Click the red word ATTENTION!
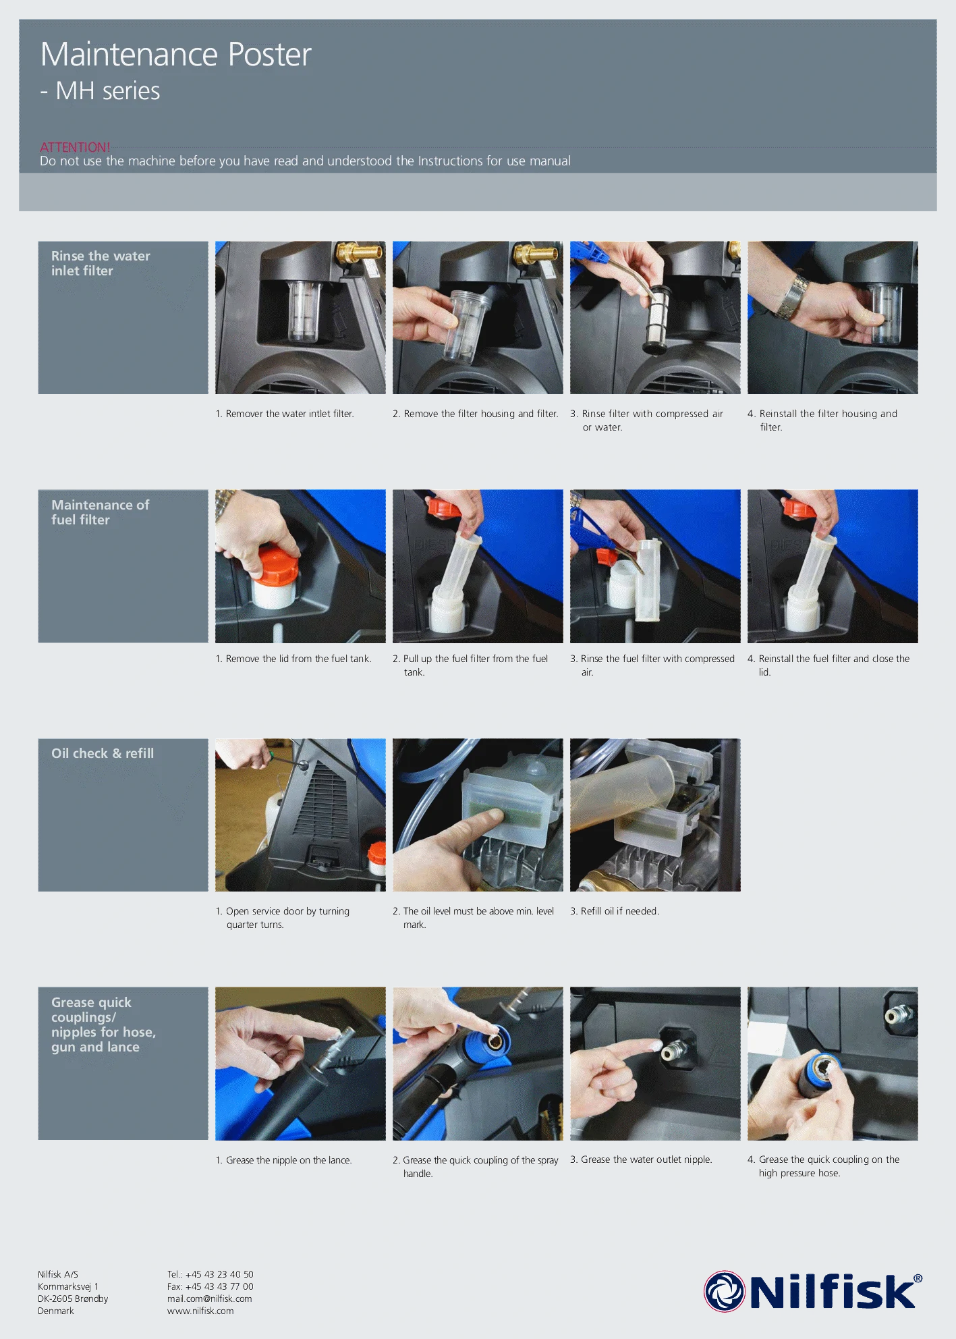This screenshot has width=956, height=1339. pyautogui.click(x=75, y=147)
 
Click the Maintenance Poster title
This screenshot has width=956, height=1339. pyautogui.click(x=175, y=54)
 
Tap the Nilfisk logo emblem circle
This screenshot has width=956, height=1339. pyautogui.click(x=724, y=1292)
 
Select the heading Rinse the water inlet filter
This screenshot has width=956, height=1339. pyautogui.click(x=101, y=263)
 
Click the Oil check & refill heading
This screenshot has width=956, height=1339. pyautogui.click(x=103, y=753)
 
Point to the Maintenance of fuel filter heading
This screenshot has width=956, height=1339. pyautogui.click(x=100, y=512)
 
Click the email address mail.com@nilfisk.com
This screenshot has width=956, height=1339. pyautogui.click(x=209, y=1299)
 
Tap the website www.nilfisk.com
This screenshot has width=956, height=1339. pyautogui.click(x=200, y=1311)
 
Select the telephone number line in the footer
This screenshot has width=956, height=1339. pyautogui.click(x=210, y=1274)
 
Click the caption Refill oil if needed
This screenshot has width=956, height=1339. pyautogui.click(x=615, y=911)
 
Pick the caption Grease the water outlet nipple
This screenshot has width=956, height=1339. pyautogui.click(x=641, y=1159)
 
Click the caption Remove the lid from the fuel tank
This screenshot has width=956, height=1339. pyautogui.click(x=293, y=659)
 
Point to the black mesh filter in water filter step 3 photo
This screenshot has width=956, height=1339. pyautogui.click(x=656, y=319)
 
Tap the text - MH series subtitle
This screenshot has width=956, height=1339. pyautogui.click(x=100, y=90)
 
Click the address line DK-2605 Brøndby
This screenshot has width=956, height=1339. pyautogui.click(x=73, y=1299)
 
